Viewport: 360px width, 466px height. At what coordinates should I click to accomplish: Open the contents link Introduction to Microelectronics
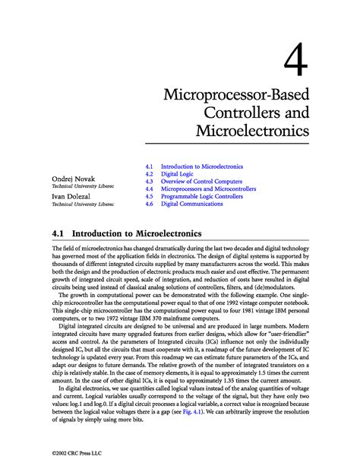(x=201, y=166)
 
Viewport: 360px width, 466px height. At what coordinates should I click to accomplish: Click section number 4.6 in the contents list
(x=149, y=204)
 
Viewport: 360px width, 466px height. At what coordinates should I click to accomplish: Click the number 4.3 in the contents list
(x=149, y=181)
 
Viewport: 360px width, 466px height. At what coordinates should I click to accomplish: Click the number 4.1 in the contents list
(x=149, y=166)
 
